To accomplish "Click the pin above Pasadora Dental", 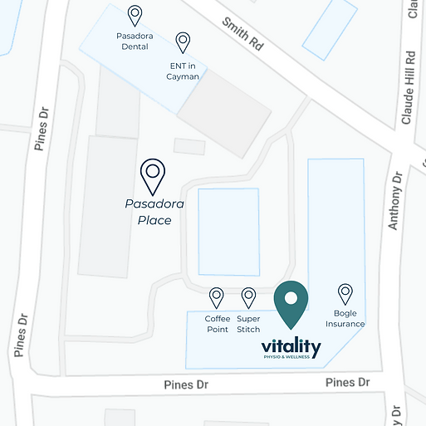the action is (135, 16).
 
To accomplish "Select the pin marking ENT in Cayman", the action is (183, 42).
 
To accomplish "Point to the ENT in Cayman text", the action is (183, 71).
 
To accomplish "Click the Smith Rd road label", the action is (242, 34).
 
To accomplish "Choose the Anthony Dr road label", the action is (395, 199).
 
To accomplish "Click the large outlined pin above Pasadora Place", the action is (152, 175).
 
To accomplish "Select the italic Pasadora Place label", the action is (154, 212).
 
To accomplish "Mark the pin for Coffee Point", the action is (217, 296).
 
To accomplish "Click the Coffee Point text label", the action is (217, 324).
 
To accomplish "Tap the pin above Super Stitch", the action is (248, 296).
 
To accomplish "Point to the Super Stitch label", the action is (248, 324).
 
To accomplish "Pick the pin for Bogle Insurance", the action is (345, 293).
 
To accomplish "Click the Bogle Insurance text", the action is (345, 318).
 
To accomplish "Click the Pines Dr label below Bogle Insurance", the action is (347, 382).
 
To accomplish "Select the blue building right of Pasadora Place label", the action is (228, 232).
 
